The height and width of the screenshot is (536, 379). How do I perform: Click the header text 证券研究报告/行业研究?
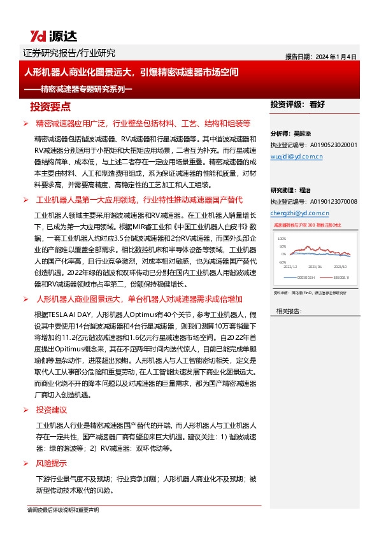[69, 53]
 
